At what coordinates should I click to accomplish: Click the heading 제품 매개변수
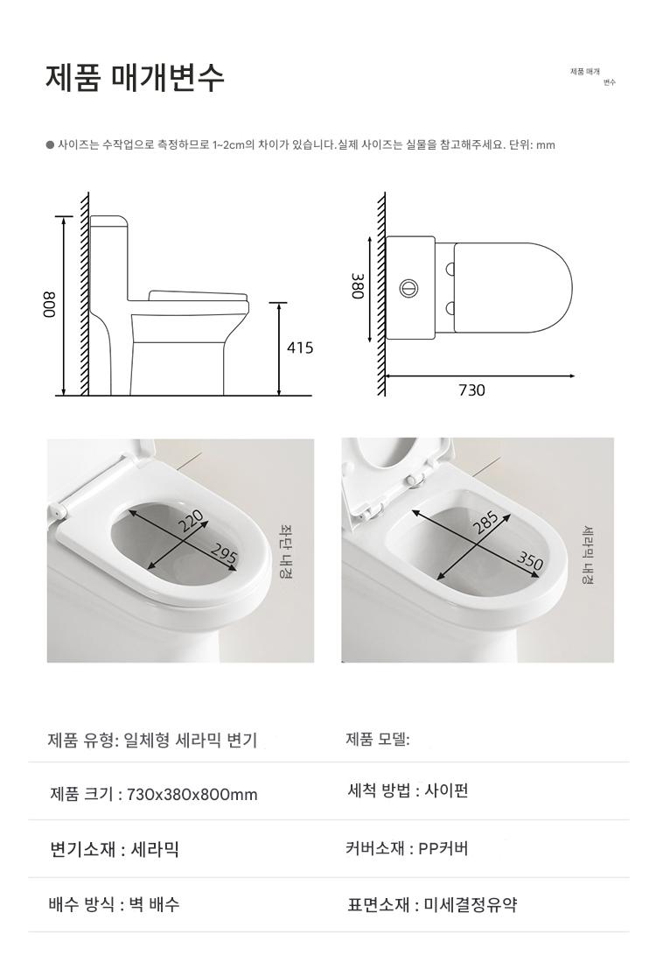coord(135,77)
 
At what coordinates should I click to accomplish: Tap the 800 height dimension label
coord(49,305)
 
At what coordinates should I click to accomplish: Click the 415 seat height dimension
coord(300,348)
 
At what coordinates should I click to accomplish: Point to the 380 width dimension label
coord(357,285)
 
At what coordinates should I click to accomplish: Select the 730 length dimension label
coord(471,390)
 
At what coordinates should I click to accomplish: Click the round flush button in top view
coord(408,287)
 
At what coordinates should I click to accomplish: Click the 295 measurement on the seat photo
coord(223,555)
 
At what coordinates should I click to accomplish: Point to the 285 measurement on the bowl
coord(486,523)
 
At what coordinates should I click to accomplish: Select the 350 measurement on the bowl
coord(529,559)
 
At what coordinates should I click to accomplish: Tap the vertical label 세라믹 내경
coord(588,554)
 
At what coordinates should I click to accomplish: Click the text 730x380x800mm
coord(192,795)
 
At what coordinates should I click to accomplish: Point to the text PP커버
coord(443,848)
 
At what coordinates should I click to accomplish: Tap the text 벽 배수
coord(154,904)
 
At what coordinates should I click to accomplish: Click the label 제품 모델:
coord(378,740)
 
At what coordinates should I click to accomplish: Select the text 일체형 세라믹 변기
coord(191,740)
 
